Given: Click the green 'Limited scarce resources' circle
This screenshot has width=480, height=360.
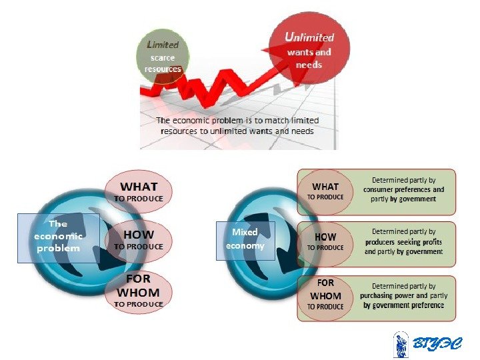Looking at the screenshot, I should click(x=163, y=56).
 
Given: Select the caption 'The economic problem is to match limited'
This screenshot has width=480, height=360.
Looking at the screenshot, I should click(x=237, y=121).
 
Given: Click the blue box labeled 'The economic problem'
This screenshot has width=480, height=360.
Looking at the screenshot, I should click(x=58, y=236).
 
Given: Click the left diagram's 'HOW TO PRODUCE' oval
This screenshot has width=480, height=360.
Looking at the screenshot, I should click(x=139, y=239).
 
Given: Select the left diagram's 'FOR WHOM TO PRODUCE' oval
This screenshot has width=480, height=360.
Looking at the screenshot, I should click(x=139, y=291).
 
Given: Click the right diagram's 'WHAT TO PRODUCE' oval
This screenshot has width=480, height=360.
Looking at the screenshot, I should click(x=325, y=191).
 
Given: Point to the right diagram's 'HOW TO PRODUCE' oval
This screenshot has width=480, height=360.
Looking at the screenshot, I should click(x=325, y=241).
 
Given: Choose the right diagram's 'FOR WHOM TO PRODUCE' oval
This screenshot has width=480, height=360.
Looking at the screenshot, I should click(x=325, y=295).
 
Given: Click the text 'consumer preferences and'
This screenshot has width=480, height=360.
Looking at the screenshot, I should click(x=403, y=189).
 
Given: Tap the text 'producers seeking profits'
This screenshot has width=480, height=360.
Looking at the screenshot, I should click(x=403, y=242).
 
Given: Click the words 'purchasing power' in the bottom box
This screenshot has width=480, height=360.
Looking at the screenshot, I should click(x=383, y=295).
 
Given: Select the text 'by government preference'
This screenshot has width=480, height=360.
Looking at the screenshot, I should click(x=403, y=305).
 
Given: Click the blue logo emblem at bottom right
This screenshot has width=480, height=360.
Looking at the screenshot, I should click(x=401, y=344).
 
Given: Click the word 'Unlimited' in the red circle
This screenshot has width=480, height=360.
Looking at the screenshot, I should click(x=309, y=37).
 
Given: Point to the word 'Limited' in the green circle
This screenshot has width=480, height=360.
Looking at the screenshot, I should click(x=163, y=45).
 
